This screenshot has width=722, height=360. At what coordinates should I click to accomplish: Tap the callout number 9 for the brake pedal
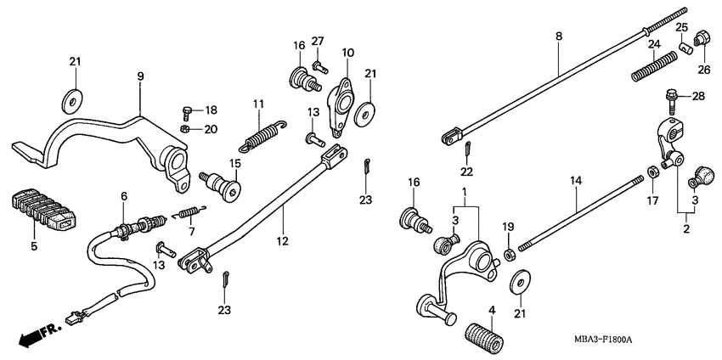pos(141,76)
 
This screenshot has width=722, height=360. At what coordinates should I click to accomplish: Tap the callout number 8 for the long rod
pos(558,37)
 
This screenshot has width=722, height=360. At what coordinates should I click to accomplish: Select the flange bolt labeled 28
pos(673,98)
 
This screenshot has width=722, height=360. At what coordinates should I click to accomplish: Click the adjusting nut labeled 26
pos(702,38)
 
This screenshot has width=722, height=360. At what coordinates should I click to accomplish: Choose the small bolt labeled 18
pos(189,111)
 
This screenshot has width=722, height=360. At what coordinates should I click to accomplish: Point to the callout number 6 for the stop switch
pos(124,196)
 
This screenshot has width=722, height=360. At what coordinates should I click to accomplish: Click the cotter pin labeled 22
pos(467,149)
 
